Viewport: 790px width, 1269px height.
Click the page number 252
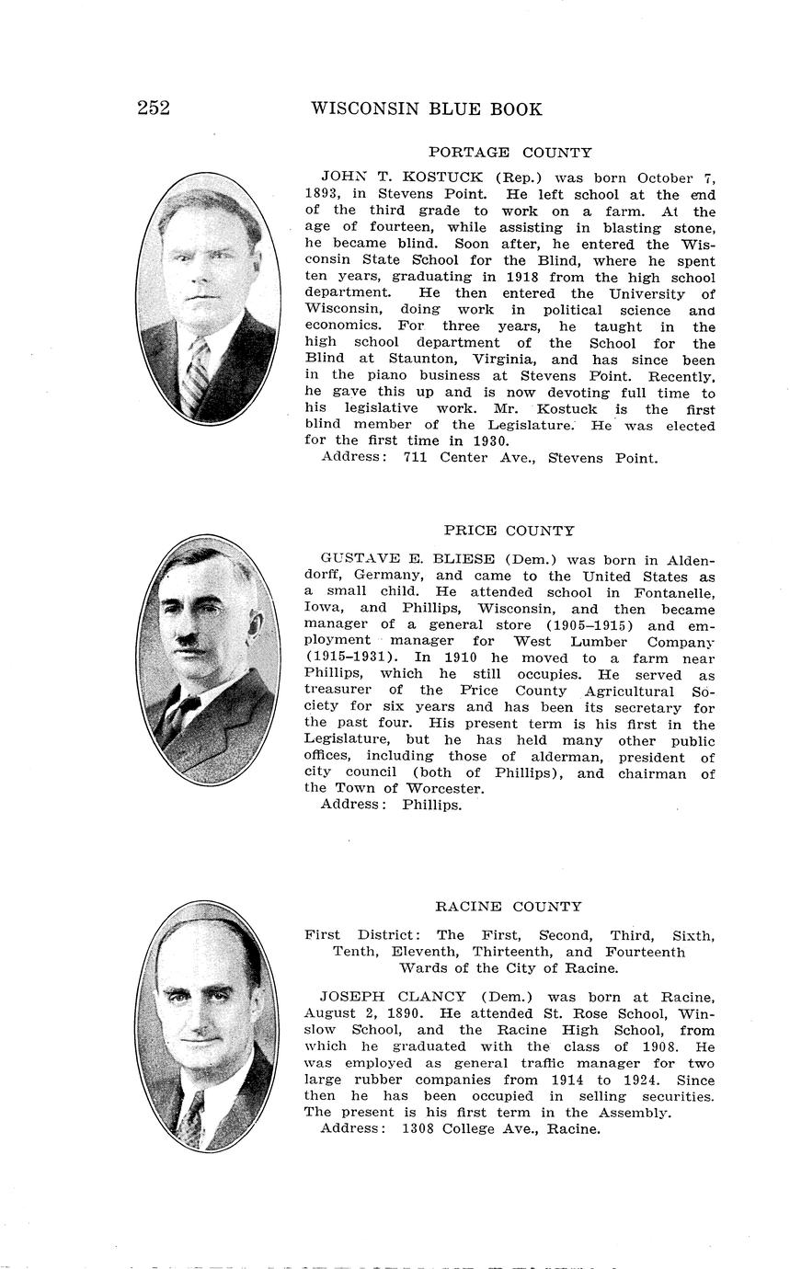(x=154, y=109)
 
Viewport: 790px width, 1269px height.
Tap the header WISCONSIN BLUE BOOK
(x=426, y=109)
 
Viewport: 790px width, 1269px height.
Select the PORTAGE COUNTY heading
(x=509, y=153)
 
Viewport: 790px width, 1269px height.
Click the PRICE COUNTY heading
(x=509, y=531)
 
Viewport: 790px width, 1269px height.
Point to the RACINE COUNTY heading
(x=508, y=907)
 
